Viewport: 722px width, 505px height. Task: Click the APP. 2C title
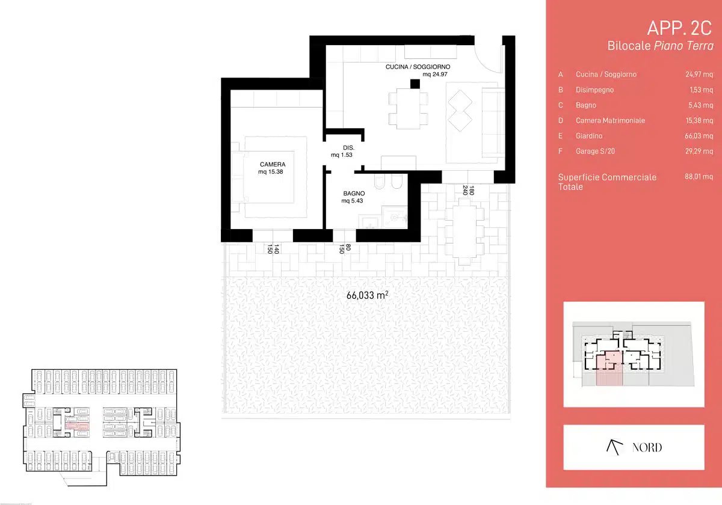coord(679,28)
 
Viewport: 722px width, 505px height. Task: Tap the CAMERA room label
coord(273,164)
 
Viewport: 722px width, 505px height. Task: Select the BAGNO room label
coord(354,193)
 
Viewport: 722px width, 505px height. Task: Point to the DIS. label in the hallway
coord(348,147)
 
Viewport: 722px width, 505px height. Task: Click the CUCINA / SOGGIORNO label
coord(418,67)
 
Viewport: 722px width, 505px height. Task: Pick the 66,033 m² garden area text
coord(367,295)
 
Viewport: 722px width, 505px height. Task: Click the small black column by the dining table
coord(415,84)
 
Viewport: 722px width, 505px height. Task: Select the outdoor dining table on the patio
coord(464,232)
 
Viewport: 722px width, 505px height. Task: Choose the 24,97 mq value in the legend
coord(699,75)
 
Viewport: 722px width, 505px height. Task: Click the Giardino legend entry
coord(589,136)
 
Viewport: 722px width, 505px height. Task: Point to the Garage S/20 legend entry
coord(595,151)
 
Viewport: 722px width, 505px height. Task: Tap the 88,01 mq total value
coord(699,177)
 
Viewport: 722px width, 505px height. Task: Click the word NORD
coord(647,447)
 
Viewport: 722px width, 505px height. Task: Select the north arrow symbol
coord(614,447)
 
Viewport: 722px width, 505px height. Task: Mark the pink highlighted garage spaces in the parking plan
coord(78,426)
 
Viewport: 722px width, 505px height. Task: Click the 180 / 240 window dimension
coord(468,191)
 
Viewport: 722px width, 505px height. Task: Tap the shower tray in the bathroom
coord(395,218)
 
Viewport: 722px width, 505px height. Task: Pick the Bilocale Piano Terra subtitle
coord(661,46)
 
